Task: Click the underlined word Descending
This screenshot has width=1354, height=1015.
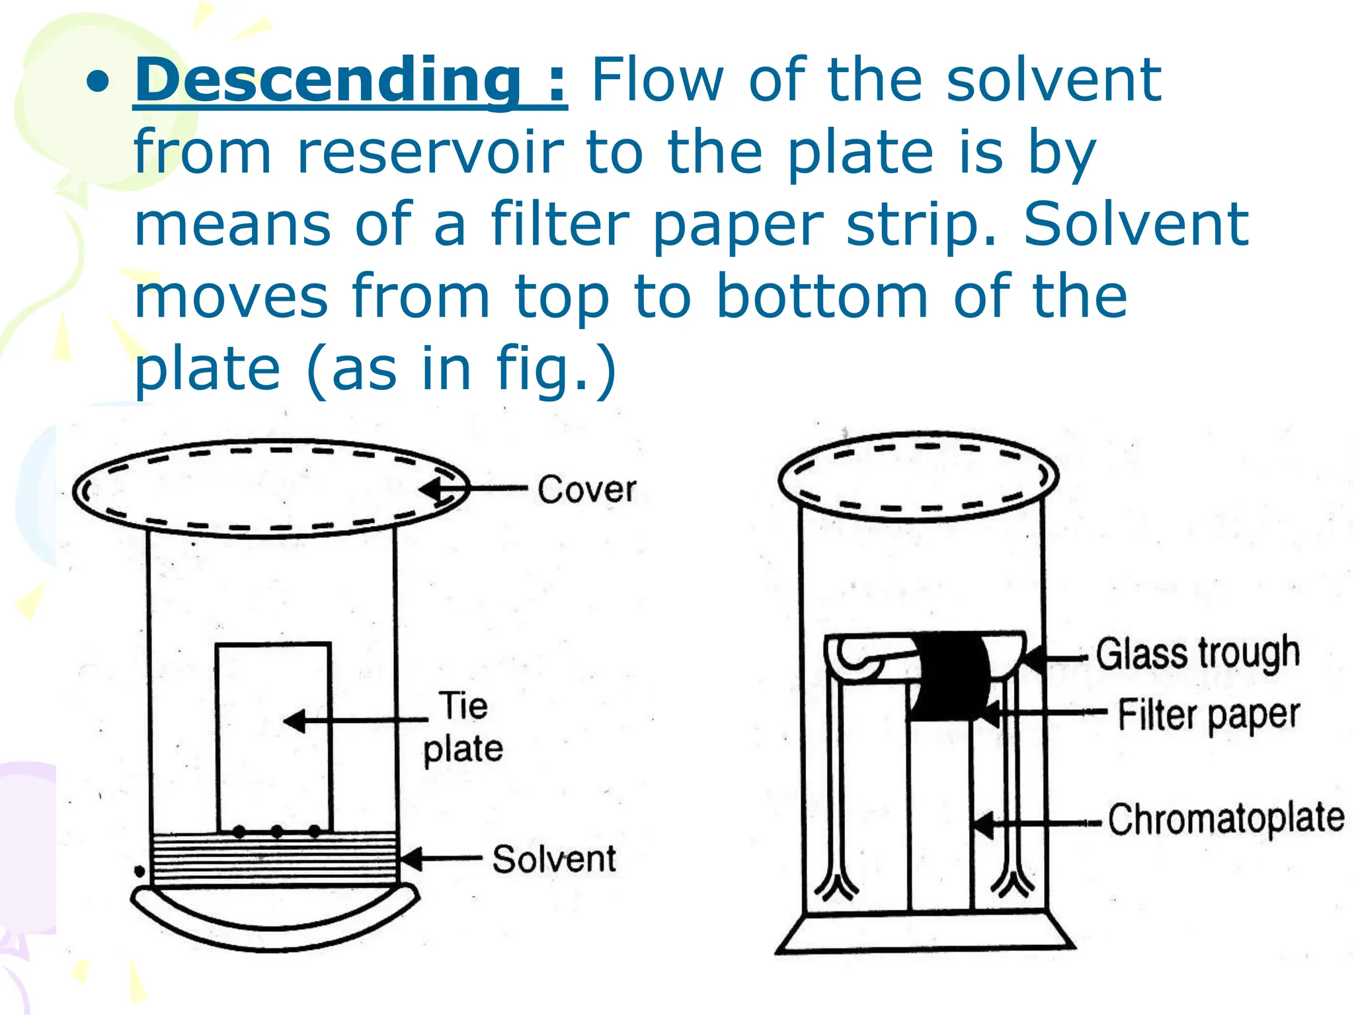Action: (327, 81)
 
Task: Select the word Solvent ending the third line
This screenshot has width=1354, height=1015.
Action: (1136, 225)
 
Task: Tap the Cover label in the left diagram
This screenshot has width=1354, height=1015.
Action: (586, 490)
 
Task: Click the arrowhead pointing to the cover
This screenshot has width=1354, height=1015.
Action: (431, 490)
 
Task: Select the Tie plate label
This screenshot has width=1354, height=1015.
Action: (463, 727)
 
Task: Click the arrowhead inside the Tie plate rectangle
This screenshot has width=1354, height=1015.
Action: (295, 720)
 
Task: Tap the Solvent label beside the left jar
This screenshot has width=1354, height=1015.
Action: (554, 859)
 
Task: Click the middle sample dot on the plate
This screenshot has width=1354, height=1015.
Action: (277, 831)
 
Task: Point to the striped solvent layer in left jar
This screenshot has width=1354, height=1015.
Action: (274, 859)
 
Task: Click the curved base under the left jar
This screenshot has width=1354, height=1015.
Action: (274, 922)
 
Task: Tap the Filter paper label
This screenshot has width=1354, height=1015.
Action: (1209, 715)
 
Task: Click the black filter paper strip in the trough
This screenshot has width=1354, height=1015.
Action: (949, 677)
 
